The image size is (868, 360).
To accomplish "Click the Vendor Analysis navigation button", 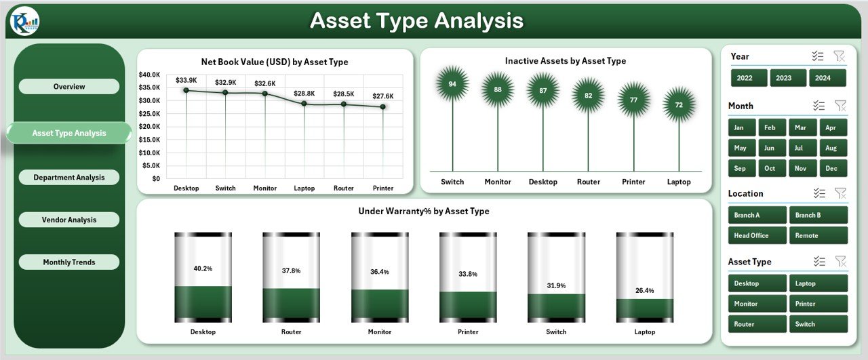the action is [69, 220].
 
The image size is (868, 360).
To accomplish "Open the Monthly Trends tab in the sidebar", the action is [69, 262].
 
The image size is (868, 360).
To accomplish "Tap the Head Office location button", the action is [757, 235].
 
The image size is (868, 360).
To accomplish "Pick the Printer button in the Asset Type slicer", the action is [818, 304].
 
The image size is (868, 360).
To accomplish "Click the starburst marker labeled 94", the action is [452, 83].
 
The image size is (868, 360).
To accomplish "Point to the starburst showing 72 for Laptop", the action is [679, 104].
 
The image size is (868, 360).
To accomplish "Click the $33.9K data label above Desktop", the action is [186, 80].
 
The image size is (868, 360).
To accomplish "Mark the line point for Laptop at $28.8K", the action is [304, 104].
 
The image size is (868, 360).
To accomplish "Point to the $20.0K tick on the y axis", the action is [149, 126].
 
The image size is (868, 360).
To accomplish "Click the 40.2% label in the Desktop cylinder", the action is [203, 268].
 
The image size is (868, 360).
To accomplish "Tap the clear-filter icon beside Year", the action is [839, 56].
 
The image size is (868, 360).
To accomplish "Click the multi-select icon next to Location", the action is [819, 193].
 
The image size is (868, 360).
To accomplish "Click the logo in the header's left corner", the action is [25, 21].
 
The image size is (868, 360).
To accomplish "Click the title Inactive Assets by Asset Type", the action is [566, 61].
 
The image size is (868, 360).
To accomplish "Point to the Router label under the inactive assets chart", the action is [588, 182].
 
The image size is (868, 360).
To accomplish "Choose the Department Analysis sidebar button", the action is [69, 177].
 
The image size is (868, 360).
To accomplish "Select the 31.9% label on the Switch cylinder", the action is [557, 285].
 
